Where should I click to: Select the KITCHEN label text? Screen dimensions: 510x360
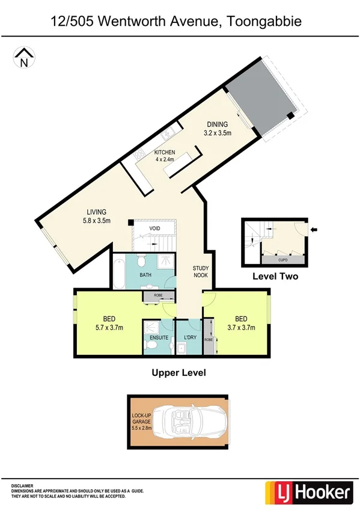165,152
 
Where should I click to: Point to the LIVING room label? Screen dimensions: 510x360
96,212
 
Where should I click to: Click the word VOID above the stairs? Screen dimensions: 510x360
156,229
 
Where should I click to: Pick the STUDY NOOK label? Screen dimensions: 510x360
200,272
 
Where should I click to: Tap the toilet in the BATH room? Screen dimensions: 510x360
142,262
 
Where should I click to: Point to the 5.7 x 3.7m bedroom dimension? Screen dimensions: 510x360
108,328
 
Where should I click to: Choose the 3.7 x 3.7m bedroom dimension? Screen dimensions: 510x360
241,328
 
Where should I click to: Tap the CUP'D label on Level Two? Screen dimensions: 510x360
282,260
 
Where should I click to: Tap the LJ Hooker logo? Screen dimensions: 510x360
307,493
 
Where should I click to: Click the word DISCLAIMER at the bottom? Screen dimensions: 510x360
22,485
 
